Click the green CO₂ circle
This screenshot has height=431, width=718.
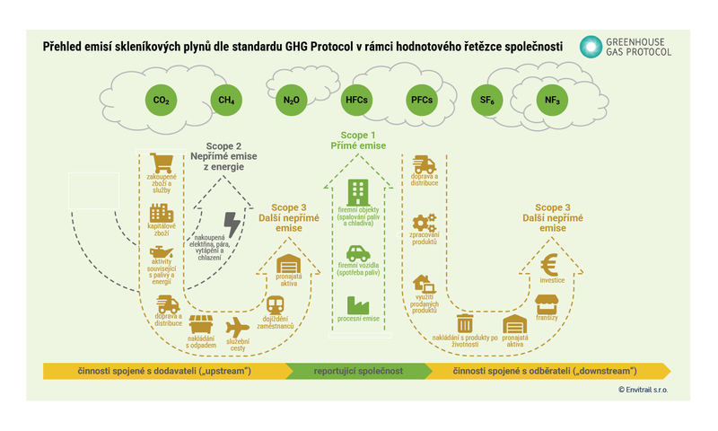(162, 101)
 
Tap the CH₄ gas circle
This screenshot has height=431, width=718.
(226, 101)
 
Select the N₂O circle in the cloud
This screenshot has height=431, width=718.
(291, 101)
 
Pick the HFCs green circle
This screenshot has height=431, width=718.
(356, 101)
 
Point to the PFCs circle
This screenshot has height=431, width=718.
(422, 101)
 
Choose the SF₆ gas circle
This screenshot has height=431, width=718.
(487, 101)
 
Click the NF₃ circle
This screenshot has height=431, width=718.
(551, 101)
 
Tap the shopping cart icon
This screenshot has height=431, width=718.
(162, 163)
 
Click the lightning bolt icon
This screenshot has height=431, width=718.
(232, 224)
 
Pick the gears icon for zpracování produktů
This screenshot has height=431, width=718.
(424, 224)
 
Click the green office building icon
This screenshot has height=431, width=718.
(358, 190)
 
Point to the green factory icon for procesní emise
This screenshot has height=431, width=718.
(358, 303)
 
